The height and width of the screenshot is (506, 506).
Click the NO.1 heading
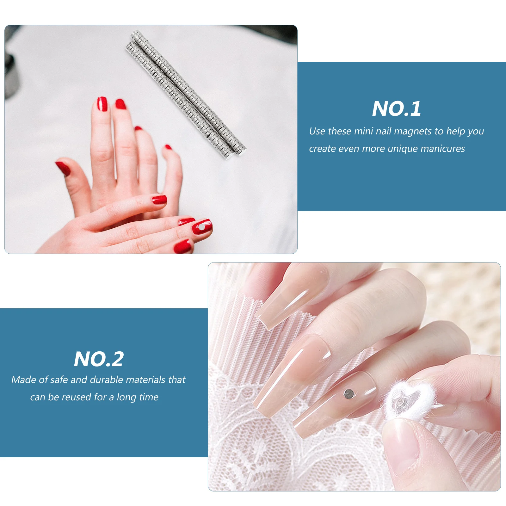396,109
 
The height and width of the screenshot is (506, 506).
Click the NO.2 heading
99,359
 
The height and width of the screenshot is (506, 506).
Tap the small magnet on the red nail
201,227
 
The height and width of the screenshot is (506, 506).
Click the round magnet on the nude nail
349,393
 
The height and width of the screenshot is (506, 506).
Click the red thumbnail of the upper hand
63,168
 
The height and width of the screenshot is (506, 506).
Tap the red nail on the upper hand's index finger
102,104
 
